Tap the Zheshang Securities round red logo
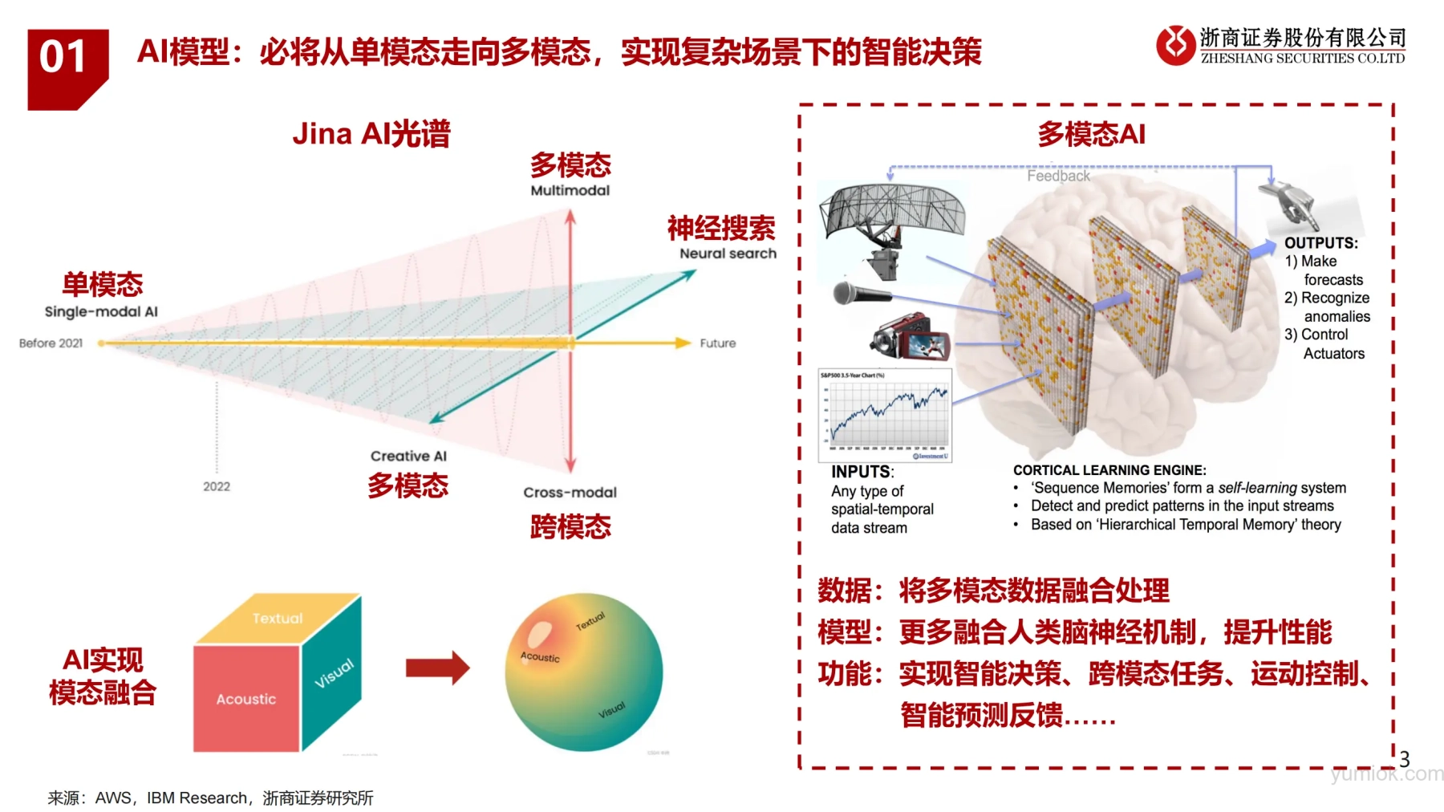point(1175,45)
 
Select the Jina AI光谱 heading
point(371,134)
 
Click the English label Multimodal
point(570,190)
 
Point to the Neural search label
point(728,254)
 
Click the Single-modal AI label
point(101,311)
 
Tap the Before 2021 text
point(51,343)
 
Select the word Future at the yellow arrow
point(717,343)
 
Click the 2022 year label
point(217,486)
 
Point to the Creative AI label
point(408,456)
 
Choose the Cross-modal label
point(570,493)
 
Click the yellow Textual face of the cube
point(278,618)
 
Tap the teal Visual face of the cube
point(332,674)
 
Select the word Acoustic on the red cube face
point(245,699)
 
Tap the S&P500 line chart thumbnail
point(885,415)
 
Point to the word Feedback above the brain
point(1058,176)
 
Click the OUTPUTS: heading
point(1320,243)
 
